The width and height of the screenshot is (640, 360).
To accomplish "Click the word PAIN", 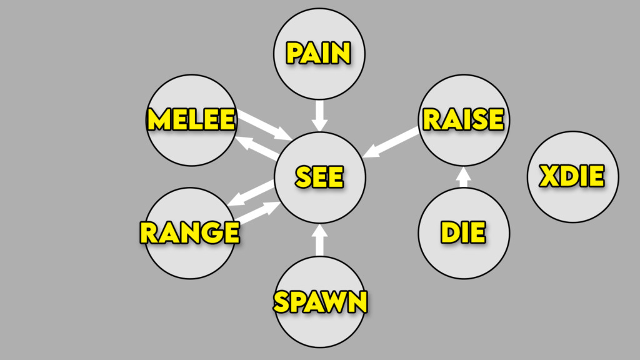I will (318, 53).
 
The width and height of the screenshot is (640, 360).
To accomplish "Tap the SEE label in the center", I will (319, 177).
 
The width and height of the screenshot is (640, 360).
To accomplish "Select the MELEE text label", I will (191, 119).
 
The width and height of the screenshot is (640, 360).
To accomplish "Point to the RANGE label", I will (189, 232).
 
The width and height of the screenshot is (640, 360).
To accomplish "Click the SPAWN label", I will (320, 302).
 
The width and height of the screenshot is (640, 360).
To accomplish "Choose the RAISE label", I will (463, 119).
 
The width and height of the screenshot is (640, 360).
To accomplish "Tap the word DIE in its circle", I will (463, 232).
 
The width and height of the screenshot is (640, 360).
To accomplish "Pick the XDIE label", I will (572, 177).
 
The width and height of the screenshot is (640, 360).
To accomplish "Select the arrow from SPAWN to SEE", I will (320, 239).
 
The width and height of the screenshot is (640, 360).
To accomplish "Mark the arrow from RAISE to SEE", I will (391, 142).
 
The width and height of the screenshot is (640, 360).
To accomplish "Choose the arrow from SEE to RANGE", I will (250, 192).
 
